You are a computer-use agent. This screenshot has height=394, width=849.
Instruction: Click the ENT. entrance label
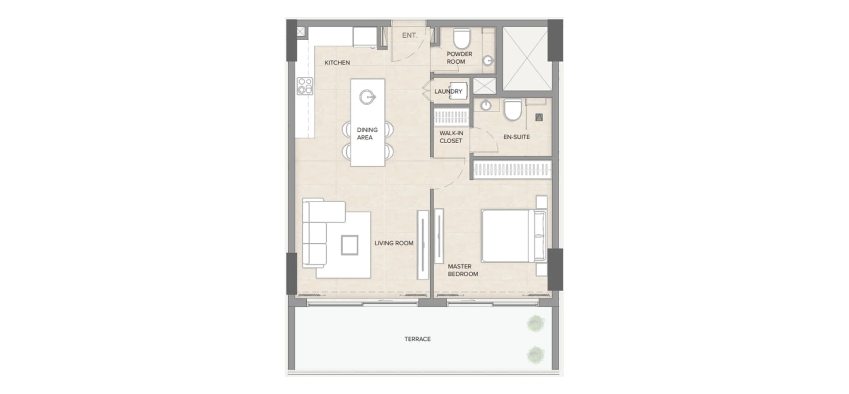point(409,35)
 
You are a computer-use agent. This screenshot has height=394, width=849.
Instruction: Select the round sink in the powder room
point(488,61)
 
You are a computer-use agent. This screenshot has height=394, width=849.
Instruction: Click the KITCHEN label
point(337,63)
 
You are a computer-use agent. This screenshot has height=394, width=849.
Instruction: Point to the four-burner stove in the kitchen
point(305,86)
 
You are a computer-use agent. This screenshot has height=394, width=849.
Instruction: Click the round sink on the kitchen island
point(367,97)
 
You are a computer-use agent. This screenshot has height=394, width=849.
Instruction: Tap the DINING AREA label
point(367,134)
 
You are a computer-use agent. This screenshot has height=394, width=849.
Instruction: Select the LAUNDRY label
point(448,92)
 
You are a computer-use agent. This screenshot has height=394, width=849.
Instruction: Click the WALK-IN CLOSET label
point(451,137)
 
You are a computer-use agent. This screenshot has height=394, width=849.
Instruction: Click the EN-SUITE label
point(516,137)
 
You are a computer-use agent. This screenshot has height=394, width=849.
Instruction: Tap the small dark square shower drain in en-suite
point(539,117)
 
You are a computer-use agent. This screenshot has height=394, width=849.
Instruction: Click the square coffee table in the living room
point(349,245)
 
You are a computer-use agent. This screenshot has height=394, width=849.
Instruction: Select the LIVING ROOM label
point(394,243)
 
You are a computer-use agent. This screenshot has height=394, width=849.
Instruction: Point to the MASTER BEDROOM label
point(463,270)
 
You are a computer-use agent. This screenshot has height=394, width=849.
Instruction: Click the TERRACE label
point(417,339)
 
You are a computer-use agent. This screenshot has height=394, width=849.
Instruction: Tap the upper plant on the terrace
point(535,323)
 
